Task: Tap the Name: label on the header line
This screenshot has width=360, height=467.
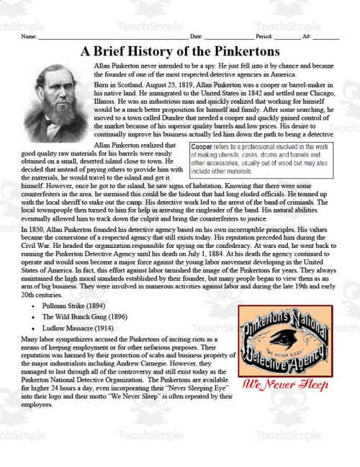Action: (x=29, y=35)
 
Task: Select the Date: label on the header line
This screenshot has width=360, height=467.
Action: (x=196, y=35)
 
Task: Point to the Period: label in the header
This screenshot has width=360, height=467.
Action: (x=264, y=35)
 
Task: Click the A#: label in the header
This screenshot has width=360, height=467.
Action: (x=307, y=35)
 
